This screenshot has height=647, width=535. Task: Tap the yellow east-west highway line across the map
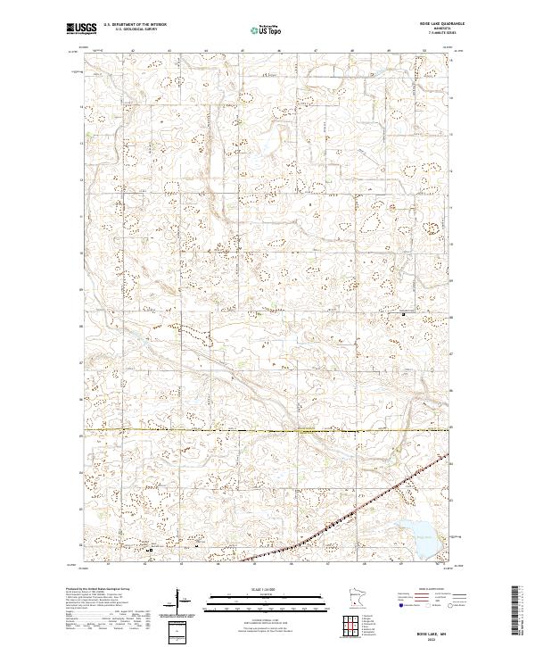click(x=267, y=431)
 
